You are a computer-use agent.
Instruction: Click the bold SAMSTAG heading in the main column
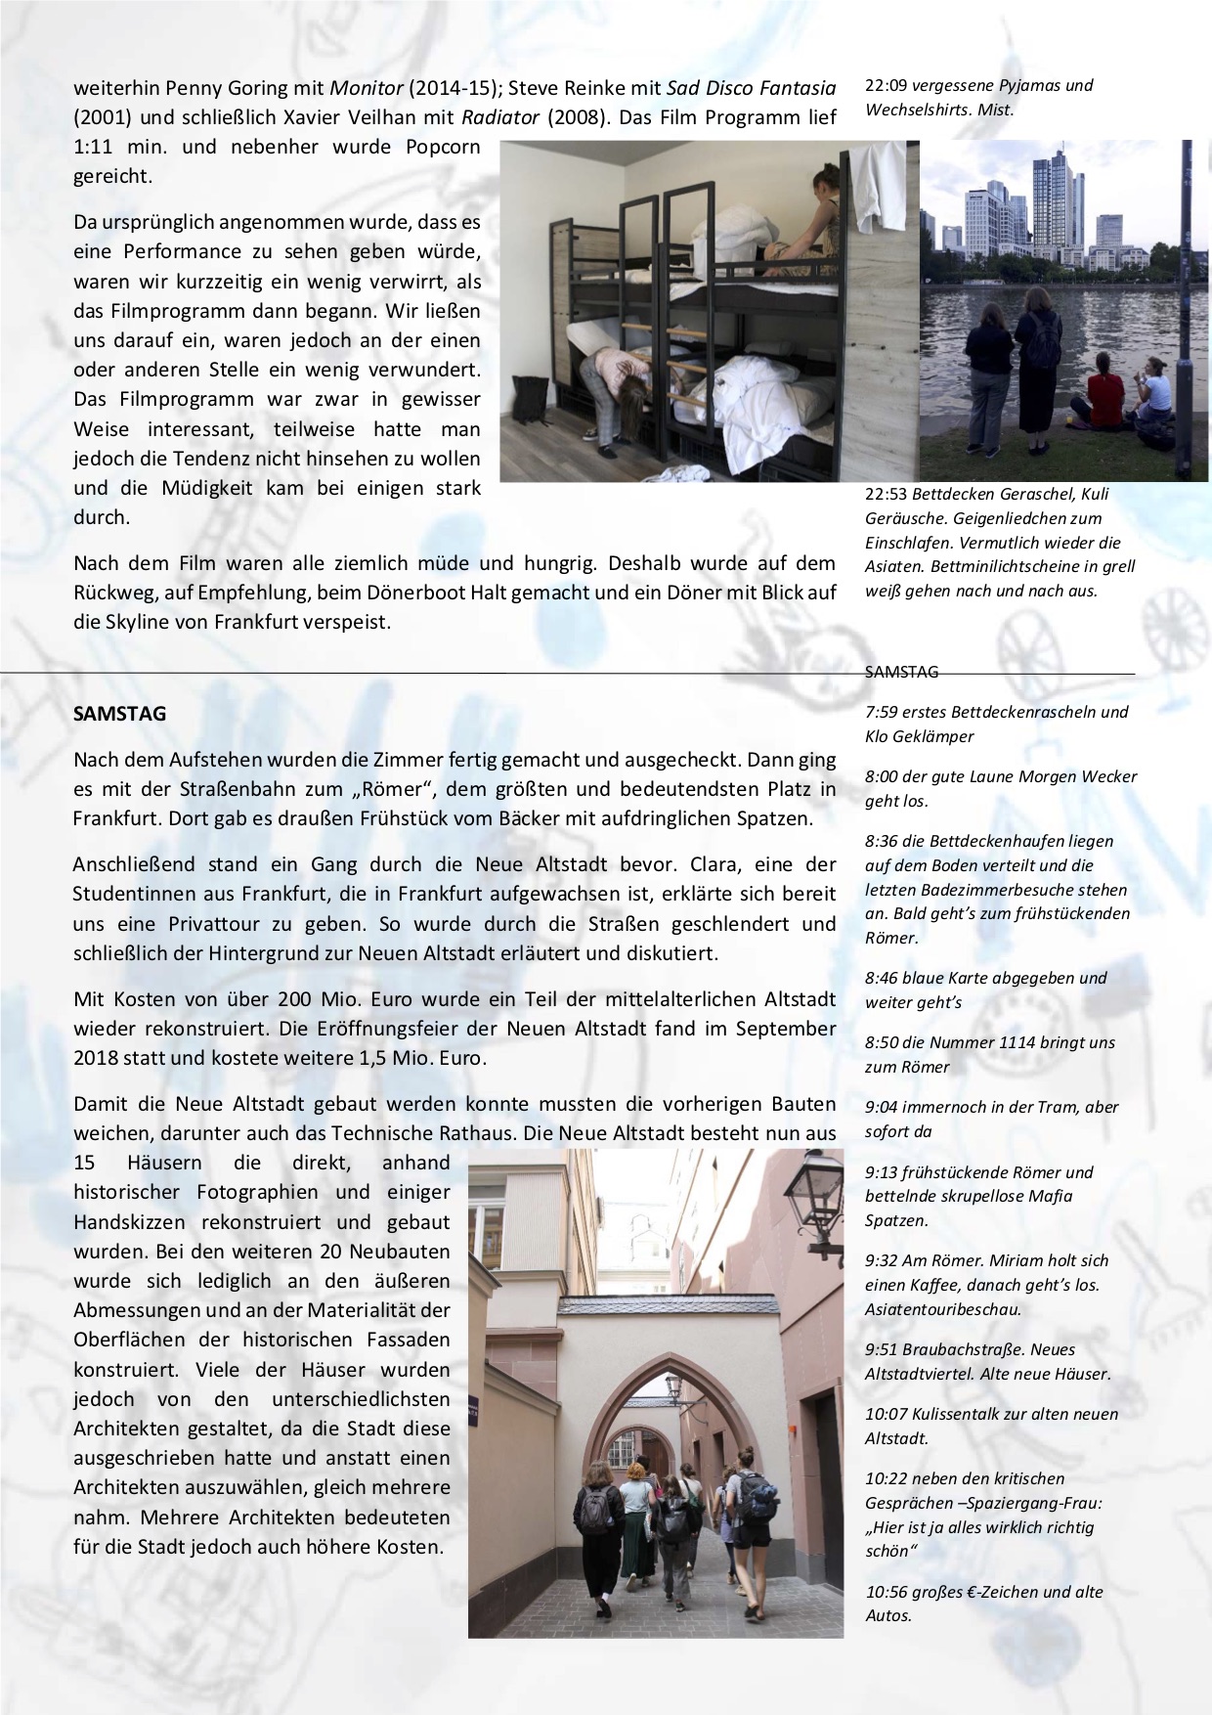[119, 714]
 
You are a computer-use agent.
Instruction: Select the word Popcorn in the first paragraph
[438, 148]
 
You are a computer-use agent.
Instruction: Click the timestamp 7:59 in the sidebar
[882, 712]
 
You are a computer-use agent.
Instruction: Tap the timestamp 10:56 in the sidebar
[887, 1592]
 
